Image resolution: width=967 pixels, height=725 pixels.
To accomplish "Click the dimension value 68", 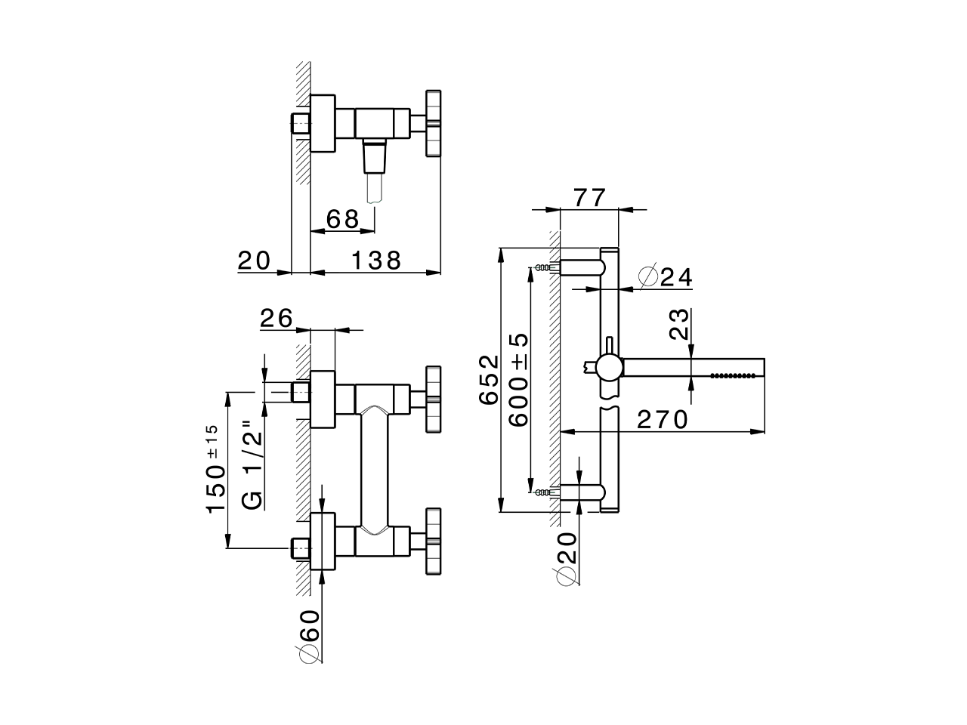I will click(342, 219).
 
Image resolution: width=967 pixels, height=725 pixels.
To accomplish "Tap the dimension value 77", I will click(589, 198).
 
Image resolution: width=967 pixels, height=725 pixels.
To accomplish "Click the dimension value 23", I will click(680, 324).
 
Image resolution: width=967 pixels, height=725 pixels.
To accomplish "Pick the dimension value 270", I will click(662, 419).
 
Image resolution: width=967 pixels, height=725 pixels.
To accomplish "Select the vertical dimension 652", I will click(490, 379).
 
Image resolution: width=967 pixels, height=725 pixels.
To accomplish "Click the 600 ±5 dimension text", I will click(518, 379).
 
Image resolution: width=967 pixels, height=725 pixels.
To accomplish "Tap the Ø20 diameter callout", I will click(567, 557).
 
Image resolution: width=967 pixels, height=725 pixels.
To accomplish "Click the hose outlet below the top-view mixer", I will click(374, 177).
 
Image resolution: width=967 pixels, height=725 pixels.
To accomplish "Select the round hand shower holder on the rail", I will click(609, 368).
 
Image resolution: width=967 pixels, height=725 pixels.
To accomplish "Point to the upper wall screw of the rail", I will click(542, 267).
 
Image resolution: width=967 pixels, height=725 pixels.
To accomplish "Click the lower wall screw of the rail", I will click(542, 492).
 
